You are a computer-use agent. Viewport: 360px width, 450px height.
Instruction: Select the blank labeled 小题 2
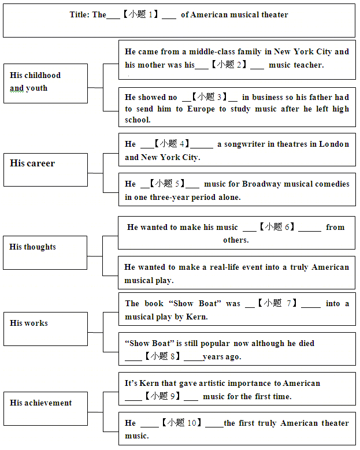pos(229,65)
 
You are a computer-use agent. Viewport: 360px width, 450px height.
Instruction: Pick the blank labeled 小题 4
pos(176,144)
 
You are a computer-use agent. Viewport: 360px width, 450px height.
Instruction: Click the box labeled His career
pos(46,170)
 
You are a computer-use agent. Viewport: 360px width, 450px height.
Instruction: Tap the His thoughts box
pos(46,252)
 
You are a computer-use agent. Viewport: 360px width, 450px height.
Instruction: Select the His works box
pos(46,329)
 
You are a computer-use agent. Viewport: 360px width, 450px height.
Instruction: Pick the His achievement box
pos(46,408)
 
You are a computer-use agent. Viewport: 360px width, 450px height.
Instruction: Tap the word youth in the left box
pos(37,88)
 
